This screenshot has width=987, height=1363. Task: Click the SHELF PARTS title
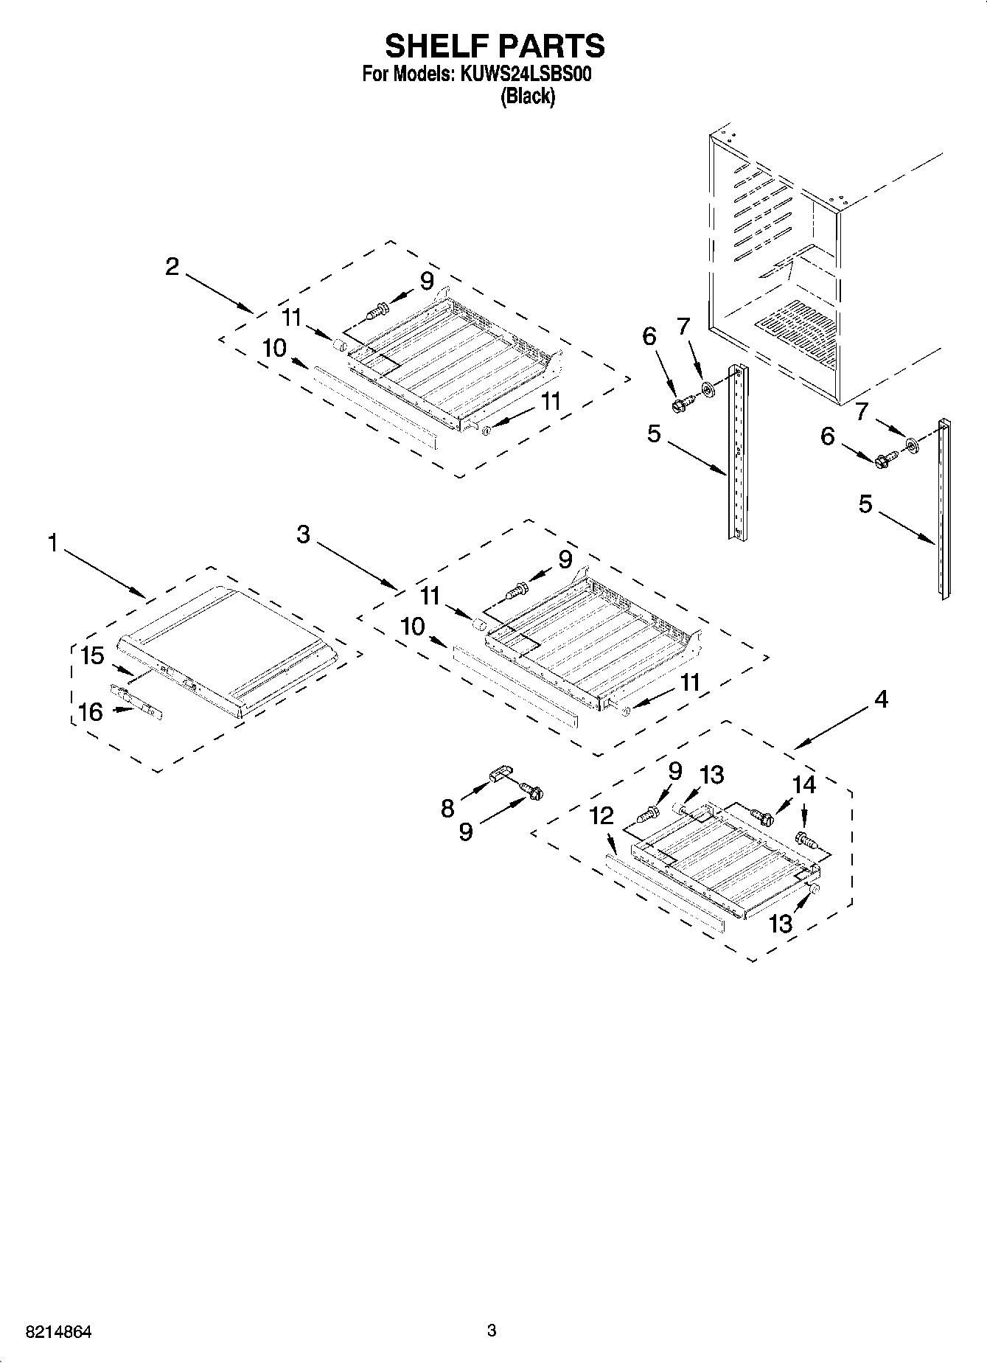point(495,46)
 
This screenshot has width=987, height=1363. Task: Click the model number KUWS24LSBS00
point(526,74)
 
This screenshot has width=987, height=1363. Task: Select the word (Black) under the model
point(527,96)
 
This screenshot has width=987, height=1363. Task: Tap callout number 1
point(52,544)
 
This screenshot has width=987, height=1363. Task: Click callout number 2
point(172,266)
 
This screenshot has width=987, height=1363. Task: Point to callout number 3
point(304,534)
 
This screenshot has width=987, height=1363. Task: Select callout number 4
point(881,699)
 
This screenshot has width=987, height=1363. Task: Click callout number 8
point(447,809)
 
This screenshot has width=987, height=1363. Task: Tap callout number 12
point(601,815)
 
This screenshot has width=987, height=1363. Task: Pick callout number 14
point(804,785)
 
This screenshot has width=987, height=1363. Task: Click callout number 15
point(93,655)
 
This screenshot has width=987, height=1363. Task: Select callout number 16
point(91,712)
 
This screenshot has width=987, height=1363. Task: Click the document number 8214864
point(58,1332)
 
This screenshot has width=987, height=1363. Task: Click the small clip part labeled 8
point(500,774)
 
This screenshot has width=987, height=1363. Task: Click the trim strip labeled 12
point(663,895)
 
